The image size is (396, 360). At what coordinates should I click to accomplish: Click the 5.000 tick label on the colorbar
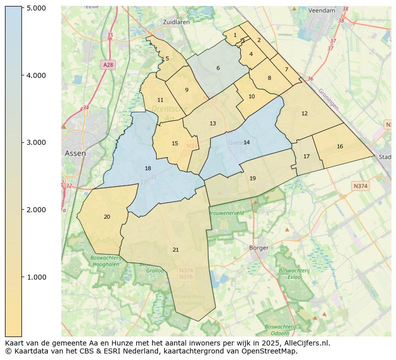pyautogui.click(x=36, y=8)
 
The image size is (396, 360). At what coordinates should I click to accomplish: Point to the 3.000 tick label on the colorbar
pyautogui.click(x=36, y=142)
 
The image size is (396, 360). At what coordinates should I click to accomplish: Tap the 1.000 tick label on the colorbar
pyautogui.click(x=36, y=277)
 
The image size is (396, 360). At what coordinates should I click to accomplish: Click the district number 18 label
pyautogui.click(x=148, y=169)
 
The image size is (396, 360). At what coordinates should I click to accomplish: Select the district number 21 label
pyautogui.click(x=176, y=250)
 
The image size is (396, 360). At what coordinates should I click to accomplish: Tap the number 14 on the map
pyautogui.click(x=246, y=143)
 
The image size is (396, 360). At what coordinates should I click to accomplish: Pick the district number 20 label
pyautogui.click(x=107, y=217)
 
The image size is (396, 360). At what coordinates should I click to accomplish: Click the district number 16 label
pyautogui.click(x=340, y=147)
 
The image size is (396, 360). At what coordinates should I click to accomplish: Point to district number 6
pyautogui.click(x=218, y=68)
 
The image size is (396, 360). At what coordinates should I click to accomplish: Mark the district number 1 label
pyautogui.click(x=235, y=35)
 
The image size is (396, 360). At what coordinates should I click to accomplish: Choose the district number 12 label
pyautogui.click(x=304, y=114)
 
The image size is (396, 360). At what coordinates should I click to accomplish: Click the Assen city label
pyautogui.click(x=75, y=153)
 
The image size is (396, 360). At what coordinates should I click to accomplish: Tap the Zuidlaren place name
pyautogui.click(x=177, y=22)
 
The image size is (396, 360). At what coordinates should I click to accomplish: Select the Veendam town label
pyautogui.click(x=322, y=10)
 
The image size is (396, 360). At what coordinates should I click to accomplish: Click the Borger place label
pyautogui.click(x=258, y=248)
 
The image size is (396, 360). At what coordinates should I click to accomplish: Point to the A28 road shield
pyautogui.click(x=108, y=65)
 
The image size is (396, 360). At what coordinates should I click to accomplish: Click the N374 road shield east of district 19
pyautogui.click(x=360, y=186)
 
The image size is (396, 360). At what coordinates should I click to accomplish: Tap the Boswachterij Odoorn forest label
pyautogui.click(x=280, y=330)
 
